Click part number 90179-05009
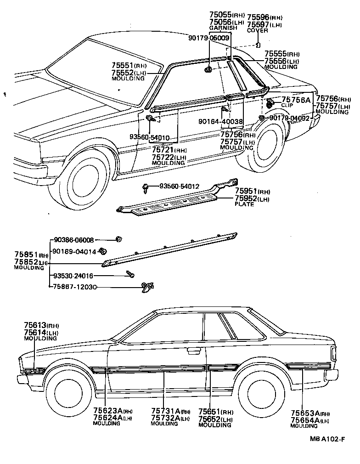click(x=209, y=38)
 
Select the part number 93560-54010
click(x=149, y=137)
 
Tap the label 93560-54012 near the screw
click(x=179, y=186)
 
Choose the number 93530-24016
click(x=73, y=276)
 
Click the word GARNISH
click(x=223, y=28)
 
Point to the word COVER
click(x=257, y=31)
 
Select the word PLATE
click(x=244, y=204)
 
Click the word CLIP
click(x=287, y=105)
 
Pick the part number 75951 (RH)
click(x=252, y=192)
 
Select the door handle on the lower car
click(x=194, y=351)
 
